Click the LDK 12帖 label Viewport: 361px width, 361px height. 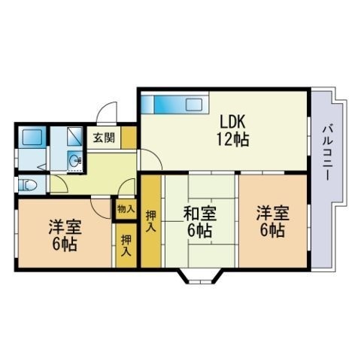point(233,130)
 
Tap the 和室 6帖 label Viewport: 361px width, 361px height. point(200,222)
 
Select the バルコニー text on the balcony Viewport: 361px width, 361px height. point(327,153)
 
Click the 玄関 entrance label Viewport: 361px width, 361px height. point(104,138)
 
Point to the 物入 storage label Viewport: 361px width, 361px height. point(126,208)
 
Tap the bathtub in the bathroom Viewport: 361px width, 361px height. point(32,137)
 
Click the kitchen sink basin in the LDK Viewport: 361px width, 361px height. point(194,105)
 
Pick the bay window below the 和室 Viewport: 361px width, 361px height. point(200,276)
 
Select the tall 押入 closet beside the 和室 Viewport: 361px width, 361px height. point(151,221)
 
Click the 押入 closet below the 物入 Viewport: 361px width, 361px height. point(126,245)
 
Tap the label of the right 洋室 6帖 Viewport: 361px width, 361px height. point(272,222)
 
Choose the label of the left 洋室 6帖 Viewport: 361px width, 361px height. point(65,235)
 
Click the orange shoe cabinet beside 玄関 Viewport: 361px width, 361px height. point(129,138)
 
